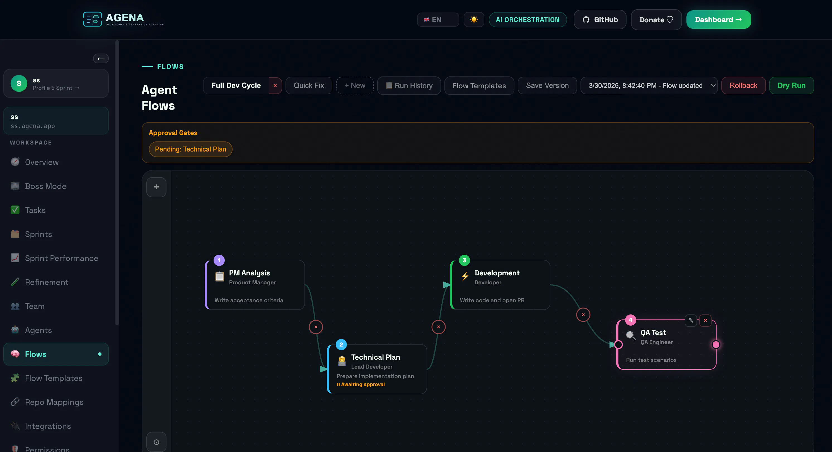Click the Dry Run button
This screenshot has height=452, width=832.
(x=791, y=85)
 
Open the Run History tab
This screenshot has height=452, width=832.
(x=409, y=85)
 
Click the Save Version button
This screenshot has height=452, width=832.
(x=547, y=85)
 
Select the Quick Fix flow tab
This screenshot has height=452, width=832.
(x=309, y=85)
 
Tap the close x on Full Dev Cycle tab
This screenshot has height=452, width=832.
(x=275, y=86)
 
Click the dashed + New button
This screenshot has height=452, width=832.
(x=355, y=85)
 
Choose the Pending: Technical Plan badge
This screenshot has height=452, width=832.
(x=190, y=149)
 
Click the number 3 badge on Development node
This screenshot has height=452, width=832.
(x=465, y=260)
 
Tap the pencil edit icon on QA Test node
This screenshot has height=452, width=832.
(x=691, y=320)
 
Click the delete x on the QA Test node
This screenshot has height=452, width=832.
(x=705, y=320)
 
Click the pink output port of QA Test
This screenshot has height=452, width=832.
(x=716, y=344)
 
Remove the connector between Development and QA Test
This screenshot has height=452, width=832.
(x=583, y=315)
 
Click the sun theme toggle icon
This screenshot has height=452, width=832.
(x=474, y=20)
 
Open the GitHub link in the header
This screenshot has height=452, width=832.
(x=600, y=20)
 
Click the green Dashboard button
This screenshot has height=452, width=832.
(x=718, y=20)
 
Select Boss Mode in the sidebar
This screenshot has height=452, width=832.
(x=45, y=186)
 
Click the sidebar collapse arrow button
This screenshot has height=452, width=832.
(x=101, y=59)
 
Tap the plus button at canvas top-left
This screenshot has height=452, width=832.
(x=156, y=187)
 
